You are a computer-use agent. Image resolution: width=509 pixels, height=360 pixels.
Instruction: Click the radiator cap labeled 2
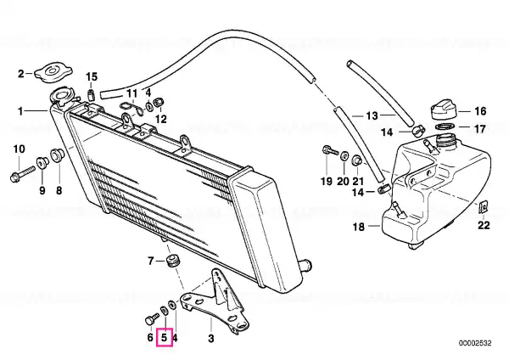click(x=53, y=73)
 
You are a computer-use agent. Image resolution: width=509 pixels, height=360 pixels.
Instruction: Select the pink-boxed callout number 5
click(x=165, y=338)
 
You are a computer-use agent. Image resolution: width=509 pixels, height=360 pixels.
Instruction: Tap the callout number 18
click(x=359, y=227)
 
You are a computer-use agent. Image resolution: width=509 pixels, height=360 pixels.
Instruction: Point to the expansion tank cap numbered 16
click(x=444, y=110)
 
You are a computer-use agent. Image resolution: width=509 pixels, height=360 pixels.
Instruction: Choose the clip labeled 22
click(x=483, y=206)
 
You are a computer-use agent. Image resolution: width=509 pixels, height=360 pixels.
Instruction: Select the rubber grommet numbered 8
click(x=58, y=155)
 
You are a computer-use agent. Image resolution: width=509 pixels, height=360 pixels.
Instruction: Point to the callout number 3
click(x=211, y=338)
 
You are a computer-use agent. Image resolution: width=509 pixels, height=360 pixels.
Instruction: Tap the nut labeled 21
click(x=357, y=160)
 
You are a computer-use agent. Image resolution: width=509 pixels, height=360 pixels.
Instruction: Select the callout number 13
click(x=372, y=115)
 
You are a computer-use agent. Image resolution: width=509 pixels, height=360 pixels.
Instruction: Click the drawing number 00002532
click(x=475, y=343)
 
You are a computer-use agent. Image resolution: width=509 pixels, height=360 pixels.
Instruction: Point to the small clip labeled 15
click(x=92, y=94)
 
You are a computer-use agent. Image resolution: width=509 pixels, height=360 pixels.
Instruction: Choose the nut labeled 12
click(x=159, y=103)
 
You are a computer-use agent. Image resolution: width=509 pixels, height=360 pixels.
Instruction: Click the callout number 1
click(x=20, y=111)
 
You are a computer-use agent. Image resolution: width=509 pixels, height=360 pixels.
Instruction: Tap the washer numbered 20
click(x=344, y=156)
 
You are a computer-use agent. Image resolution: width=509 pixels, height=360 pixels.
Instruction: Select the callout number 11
click(x=131, y=93)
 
